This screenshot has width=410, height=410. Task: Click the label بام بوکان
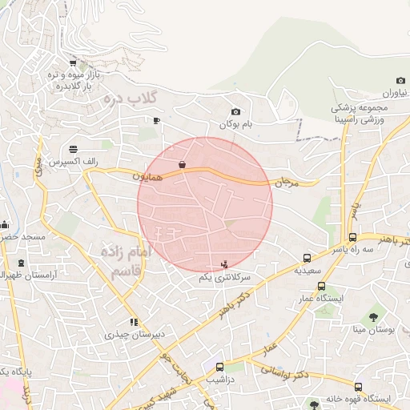(x=236, y=125)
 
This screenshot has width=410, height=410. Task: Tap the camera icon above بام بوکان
(x=235, y=112)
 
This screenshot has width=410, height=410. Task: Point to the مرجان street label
(x=287, y=183)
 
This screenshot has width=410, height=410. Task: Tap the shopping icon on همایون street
(x=183, y=165)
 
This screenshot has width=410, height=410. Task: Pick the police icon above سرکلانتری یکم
(x=224, y=263)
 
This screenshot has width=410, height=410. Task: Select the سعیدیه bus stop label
(x=307, y=271)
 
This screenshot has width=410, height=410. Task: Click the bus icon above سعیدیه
(x=307, y=258)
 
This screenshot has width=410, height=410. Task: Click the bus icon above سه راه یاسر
(x=352, y=237)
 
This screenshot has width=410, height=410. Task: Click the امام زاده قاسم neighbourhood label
(x=126, y=263)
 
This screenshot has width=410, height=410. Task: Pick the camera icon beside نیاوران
(x=400, y=80)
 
